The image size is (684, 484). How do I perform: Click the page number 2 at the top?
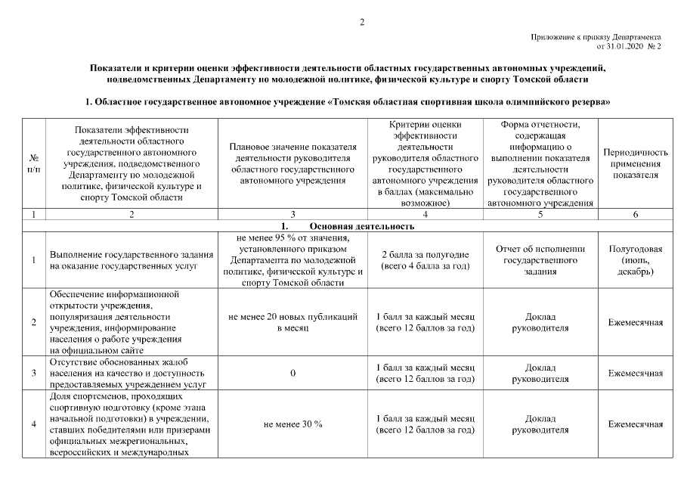tap(361, 22)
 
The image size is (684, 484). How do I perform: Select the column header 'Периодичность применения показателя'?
tap(636, 163)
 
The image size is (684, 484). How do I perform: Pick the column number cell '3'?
tap(292, 215)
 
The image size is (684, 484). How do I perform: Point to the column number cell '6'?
tap(636, 215)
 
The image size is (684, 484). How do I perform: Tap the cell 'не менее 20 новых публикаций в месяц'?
tap(292, 323)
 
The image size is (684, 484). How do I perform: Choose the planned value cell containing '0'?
tap(292, 374)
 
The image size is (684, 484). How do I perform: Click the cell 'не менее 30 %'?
tap(292, 424)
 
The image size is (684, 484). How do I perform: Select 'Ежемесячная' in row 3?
tap(636, 374)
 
